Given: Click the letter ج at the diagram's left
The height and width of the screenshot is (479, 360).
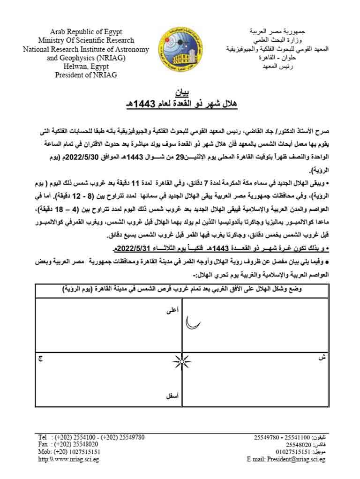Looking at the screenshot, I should pos(40,359).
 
